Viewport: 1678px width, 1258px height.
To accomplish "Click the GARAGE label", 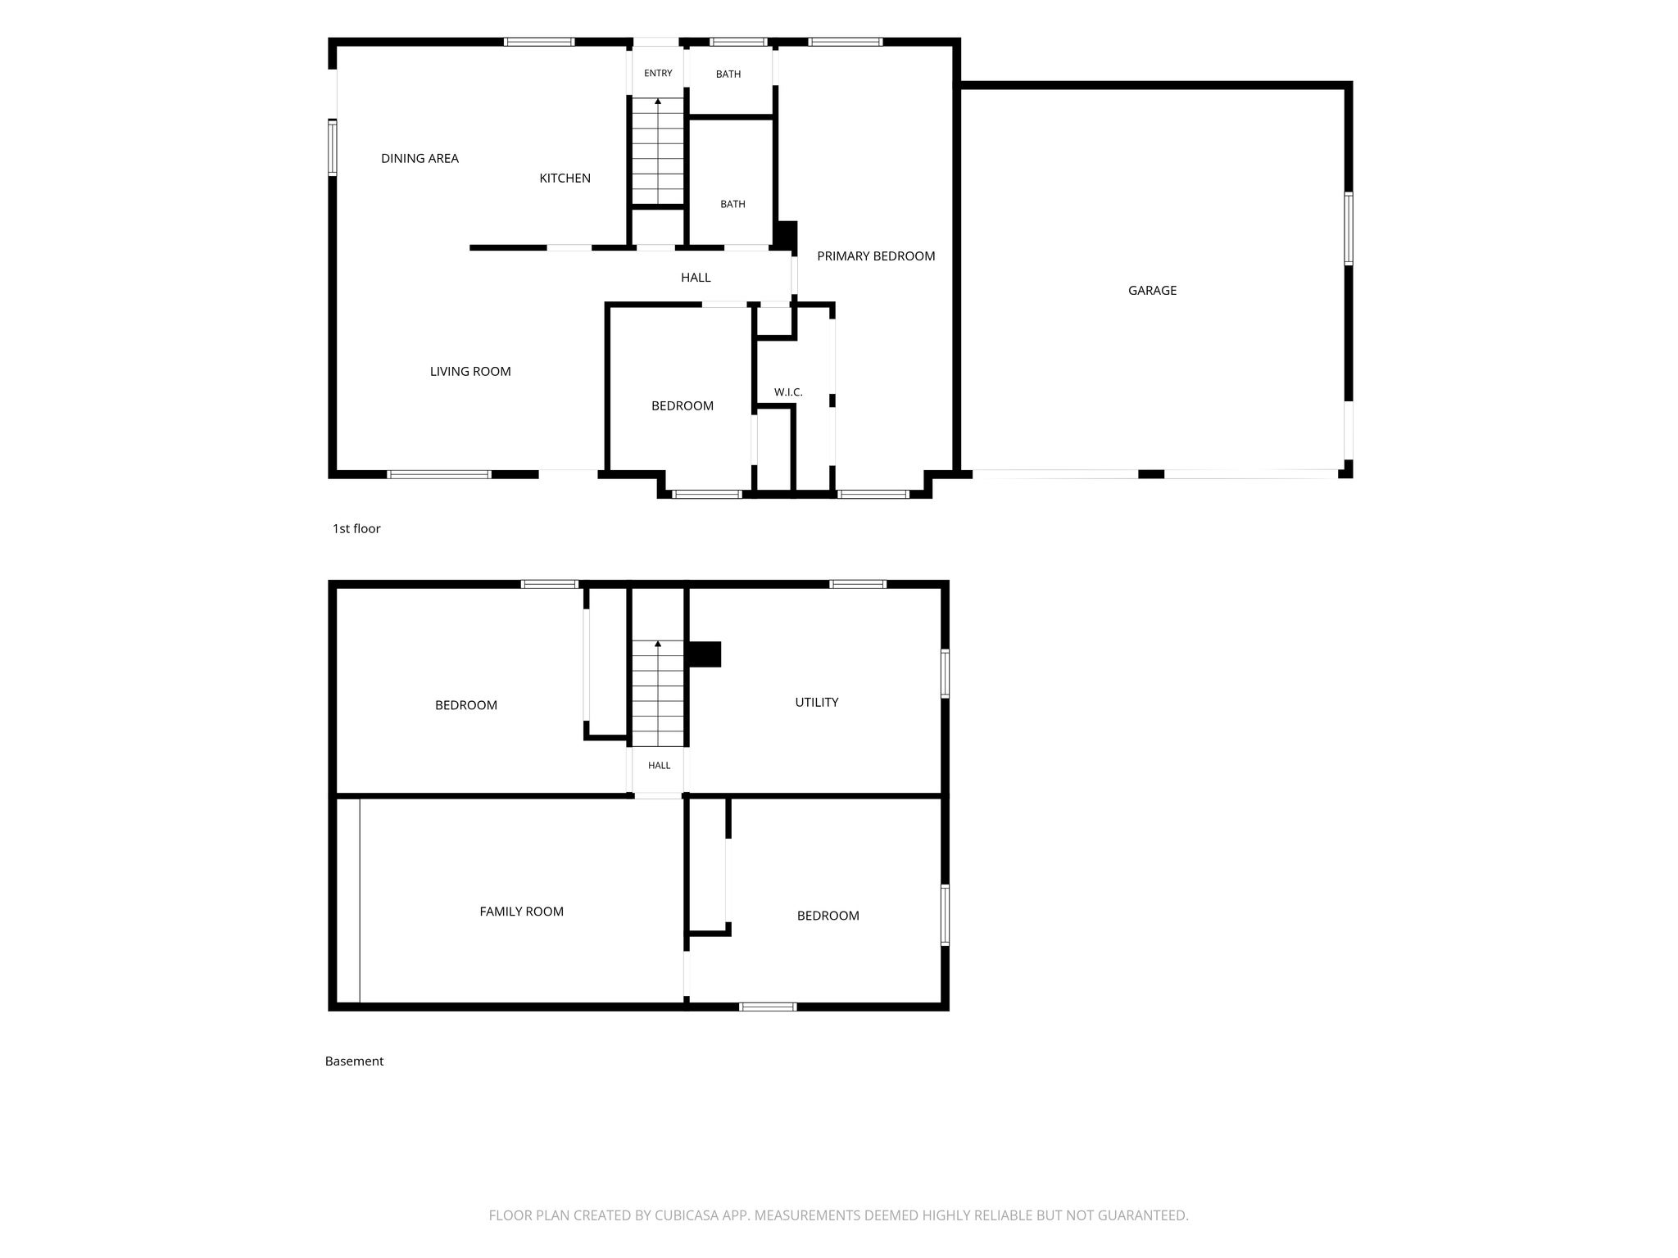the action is click(1152, 290).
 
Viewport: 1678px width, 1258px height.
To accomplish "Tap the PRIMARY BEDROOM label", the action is click(876, 256).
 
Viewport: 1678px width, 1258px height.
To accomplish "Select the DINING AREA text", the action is click(419, 158).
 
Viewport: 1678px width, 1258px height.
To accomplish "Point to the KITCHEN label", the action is click(565, 178).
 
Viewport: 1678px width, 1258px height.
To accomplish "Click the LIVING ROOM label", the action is click(470, 371).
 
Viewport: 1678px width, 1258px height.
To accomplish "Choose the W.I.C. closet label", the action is click(788, 392).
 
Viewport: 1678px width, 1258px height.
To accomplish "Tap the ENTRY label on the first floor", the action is click(658, 73).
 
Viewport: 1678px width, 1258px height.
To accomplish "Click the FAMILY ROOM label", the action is click(521, 911).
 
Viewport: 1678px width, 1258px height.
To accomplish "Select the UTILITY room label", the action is click(816, 702).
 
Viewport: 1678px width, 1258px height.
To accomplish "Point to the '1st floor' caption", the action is click(356, 528).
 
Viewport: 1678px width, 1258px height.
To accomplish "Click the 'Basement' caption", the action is click(354, 1061).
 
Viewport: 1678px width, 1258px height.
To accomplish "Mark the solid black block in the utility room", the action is click(703, 654).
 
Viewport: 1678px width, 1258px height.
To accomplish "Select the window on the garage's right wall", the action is click(1348, 229).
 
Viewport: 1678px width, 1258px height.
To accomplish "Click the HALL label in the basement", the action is click(659, 765).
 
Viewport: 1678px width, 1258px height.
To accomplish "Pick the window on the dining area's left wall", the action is click(333, 147).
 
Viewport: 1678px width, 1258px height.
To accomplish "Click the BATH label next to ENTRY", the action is click(728, 74).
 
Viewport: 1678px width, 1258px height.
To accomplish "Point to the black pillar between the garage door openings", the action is click(1151, 474).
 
